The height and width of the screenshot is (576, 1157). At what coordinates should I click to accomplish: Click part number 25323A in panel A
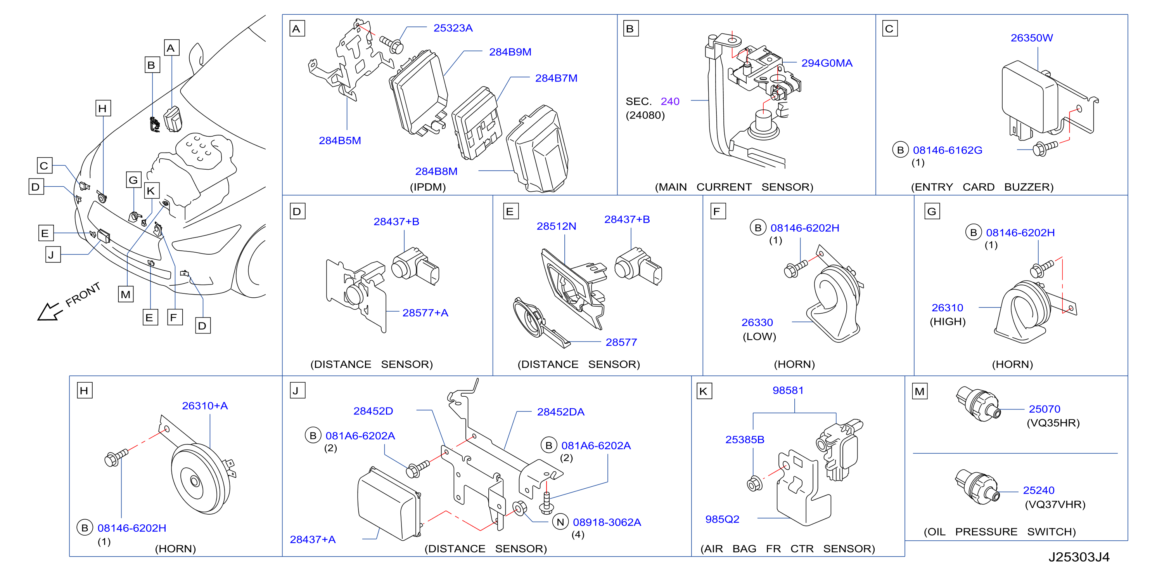pyautogui.click(x=453, y=28)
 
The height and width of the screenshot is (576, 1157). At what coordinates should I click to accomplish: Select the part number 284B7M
pyautogui.click(x=556, y=78)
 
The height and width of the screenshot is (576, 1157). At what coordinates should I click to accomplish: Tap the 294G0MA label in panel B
pyautogui.click(x=827, y=63)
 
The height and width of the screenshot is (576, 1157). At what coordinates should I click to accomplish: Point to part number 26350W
pyautogui.click(x=1032, y=38)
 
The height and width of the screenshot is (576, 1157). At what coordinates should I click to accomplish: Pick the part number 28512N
pyautogui.click(x=556, y=226)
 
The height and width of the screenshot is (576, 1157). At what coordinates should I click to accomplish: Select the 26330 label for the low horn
pyautogui.click(x=757, y=323)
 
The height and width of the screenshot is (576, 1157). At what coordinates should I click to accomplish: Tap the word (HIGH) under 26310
pyautogui.click(x=947, y=322)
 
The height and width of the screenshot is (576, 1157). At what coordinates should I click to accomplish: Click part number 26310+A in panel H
pyautogui.click(x=205, y=406)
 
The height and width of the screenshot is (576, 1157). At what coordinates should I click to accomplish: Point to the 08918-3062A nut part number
pyautogui.click(x=607, y=522)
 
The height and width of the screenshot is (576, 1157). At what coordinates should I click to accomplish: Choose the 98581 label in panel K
pyautogui.click(x=788, y=390)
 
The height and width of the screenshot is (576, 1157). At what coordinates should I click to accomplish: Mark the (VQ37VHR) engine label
pyautogui.click(x=1055, y=505)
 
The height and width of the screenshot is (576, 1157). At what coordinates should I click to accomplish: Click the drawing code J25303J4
pyautogui.click(x=1079, y=557)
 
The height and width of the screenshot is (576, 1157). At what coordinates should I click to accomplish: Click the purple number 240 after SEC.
pyautogui.click(x=670, y=102)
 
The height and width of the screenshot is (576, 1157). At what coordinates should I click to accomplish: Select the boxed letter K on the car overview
pyautogui.click(x=151, y=191)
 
